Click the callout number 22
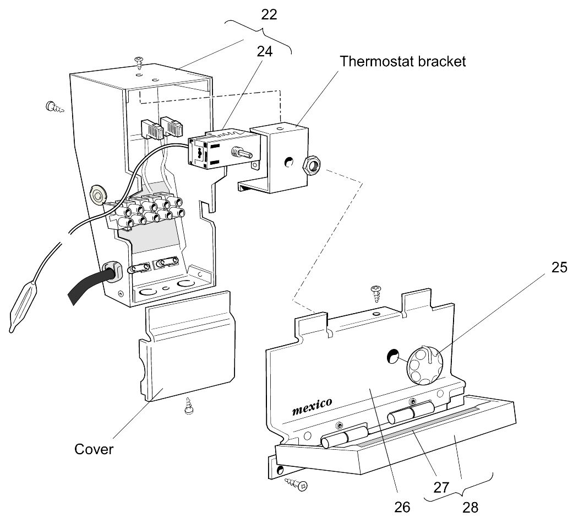tap(269, 15)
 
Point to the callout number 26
tap(402, 506)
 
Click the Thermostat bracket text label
tap(402, 61)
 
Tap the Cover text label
tap(94, 449)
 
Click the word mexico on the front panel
tap(312, 406)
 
